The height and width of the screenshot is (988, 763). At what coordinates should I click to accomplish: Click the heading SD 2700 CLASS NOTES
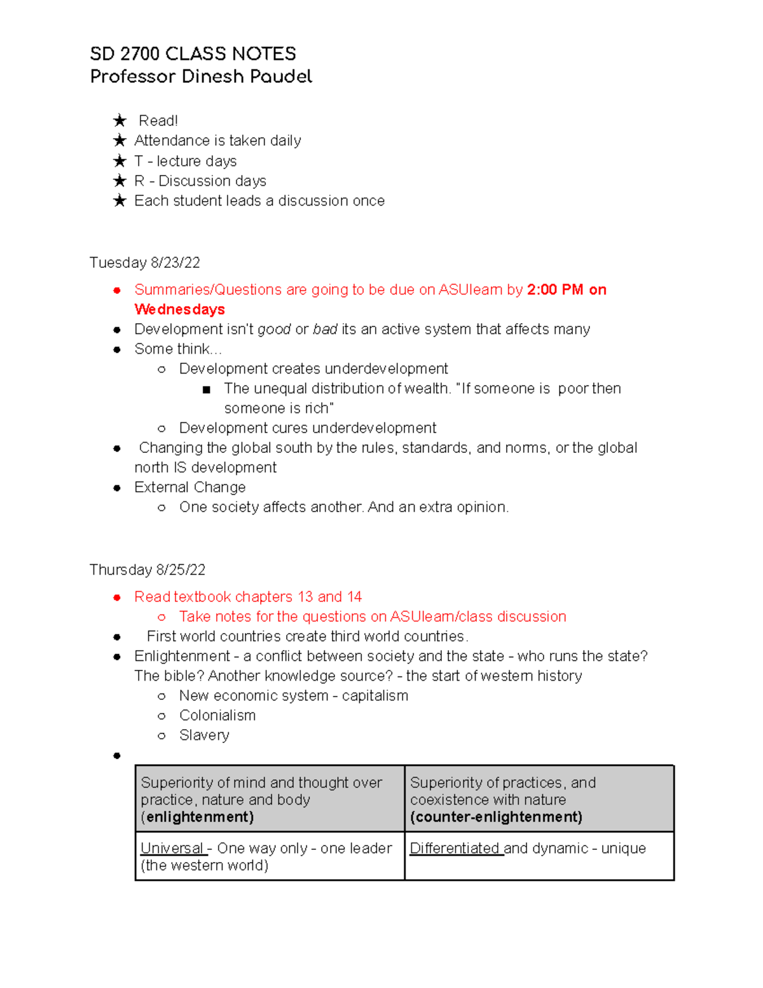tap(193, 53)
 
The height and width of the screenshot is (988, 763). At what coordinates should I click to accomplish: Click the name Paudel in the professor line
tap(280, 77)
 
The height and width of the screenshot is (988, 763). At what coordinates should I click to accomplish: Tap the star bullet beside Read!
tap(120, 121)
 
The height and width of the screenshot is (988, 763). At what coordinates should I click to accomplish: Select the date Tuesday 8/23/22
tap(145, 263)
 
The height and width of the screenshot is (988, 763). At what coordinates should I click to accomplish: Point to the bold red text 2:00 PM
tap(555, 290)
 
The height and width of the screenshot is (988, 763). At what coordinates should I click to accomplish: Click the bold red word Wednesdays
tap(179, 310)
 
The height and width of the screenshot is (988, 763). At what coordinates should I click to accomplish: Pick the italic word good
tap(274, 330)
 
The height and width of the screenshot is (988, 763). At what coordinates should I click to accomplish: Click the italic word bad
tap(325, 330)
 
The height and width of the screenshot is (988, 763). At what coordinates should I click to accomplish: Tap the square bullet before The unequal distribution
tap(206, 389)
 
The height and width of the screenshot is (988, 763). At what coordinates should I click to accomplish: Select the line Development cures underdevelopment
tap(308, 428)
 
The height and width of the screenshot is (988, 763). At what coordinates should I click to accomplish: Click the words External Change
tap(189, 487)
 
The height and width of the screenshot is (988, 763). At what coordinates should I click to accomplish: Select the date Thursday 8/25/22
tap(148, 570)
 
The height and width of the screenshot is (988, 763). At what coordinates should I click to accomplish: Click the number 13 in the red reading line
tap(305, 597)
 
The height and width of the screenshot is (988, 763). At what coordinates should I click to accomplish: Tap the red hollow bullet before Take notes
tap(162, 617)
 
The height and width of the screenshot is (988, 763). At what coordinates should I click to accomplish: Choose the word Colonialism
tap(217, 716)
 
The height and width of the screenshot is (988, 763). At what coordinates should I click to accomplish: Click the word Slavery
tap(204, 735)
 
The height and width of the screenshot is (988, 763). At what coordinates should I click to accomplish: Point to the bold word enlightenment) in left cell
tap(200, 818)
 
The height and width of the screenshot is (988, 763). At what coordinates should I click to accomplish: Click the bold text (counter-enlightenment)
tap(496, 818)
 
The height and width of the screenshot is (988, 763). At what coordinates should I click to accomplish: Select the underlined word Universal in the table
tap(172, 849)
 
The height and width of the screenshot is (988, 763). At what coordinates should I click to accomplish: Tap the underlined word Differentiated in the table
tap(455, 849)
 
